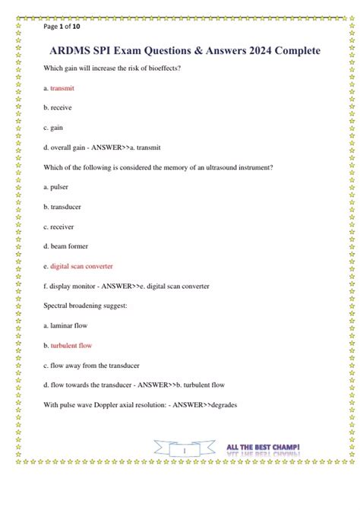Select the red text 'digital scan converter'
81,267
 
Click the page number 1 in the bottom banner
184,451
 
